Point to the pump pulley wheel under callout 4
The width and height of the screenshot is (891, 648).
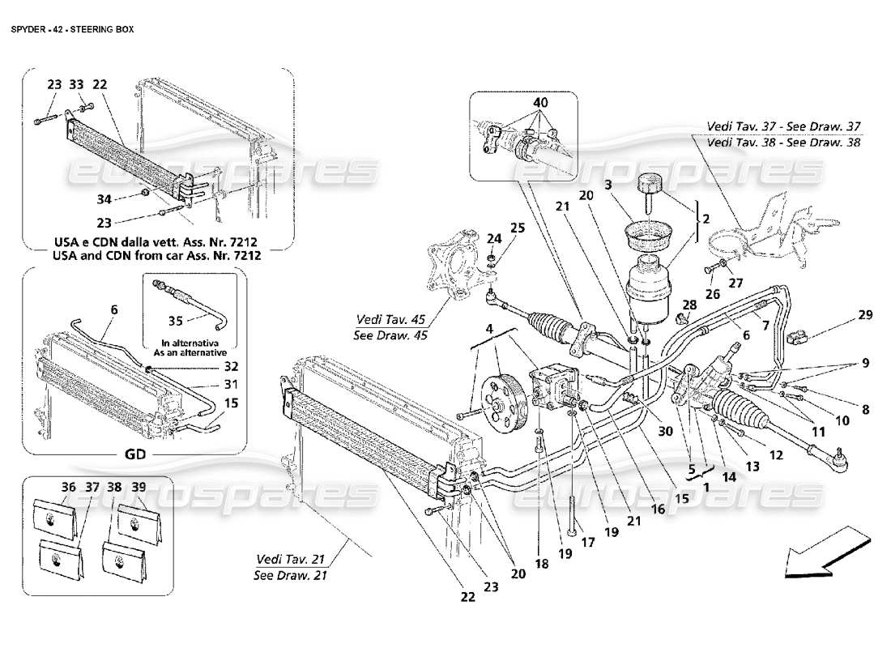(495, 394)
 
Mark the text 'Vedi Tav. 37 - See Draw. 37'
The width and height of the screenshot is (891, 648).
(784, 127)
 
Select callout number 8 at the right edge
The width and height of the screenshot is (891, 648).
(864, 410)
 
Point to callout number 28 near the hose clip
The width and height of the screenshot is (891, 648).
(689, 304)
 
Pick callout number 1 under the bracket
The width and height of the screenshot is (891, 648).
(706, 488)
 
